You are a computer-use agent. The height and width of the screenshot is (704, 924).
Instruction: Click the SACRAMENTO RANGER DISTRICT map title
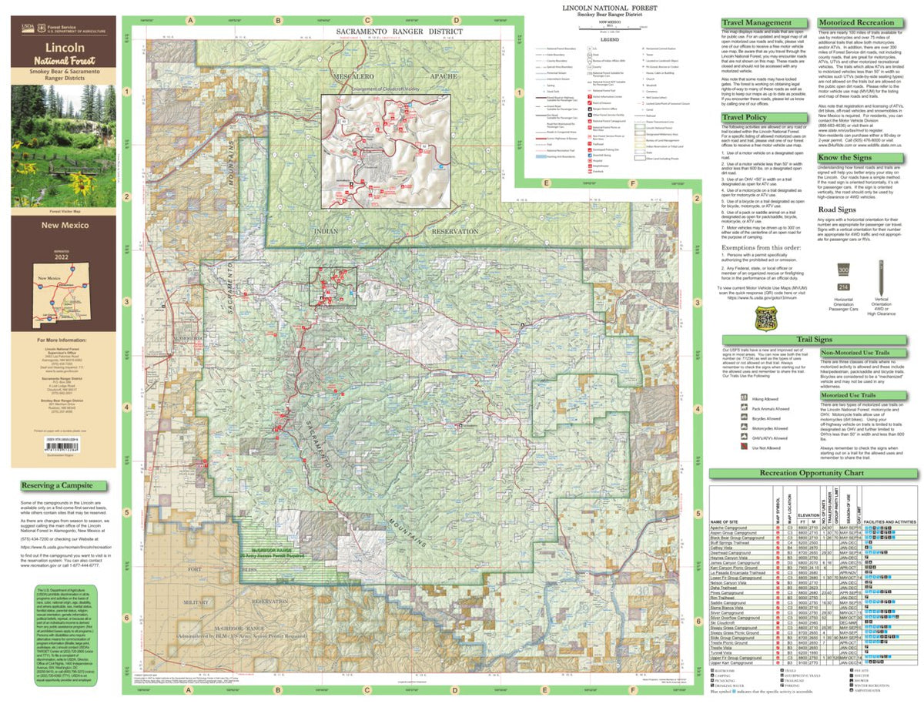pos(399,32)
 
